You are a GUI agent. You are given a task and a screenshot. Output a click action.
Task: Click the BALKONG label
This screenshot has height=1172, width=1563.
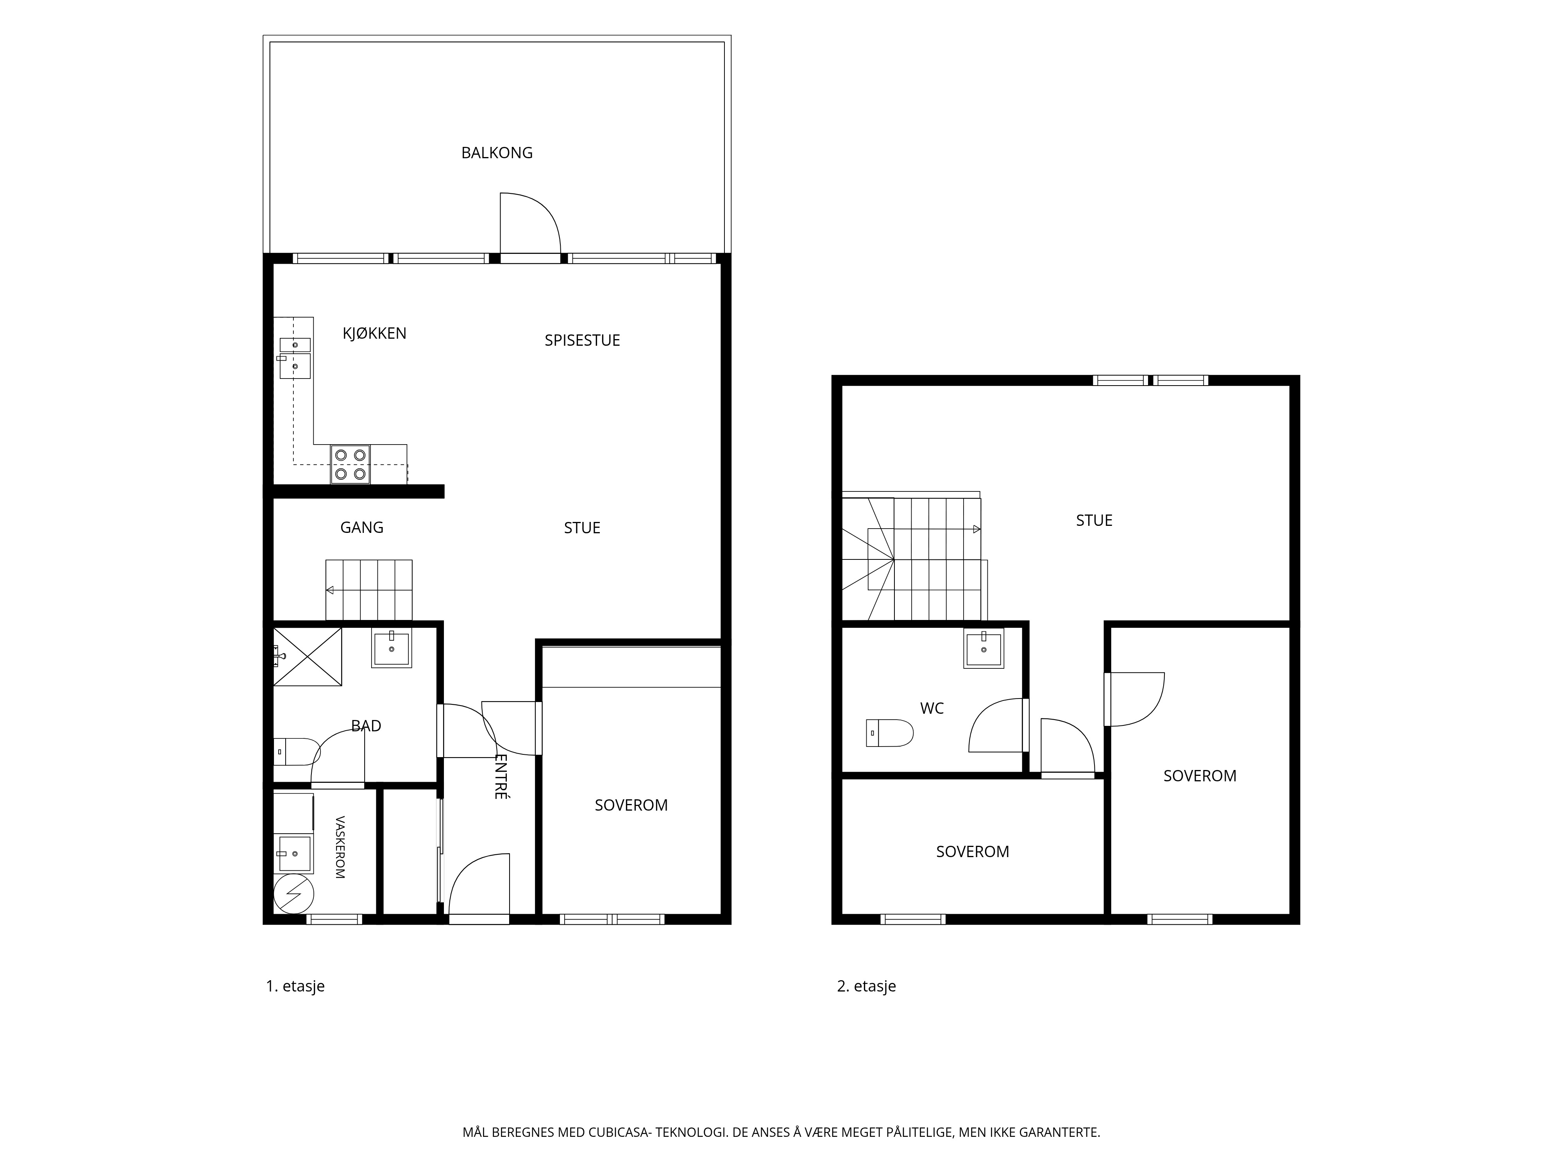tap(497, 153)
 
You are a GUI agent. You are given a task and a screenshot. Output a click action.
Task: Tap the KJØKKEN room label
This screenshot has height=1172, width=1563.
tap(374, 334)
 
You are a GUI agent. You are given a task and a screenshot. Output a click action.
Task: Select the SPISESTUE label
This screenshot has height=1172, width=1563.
tap(582, 341)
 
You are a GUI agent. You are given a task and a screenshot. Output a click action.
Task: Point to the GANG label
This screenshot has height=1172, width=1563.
tap(362, 528)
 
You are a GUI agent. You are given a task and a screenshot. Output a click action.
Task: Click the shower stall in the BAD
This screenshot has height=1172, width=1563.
tap(308, 656)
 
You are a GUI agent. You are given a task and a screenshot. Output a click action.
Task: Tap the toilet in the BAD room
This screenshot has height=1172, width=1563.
tap(297, 751)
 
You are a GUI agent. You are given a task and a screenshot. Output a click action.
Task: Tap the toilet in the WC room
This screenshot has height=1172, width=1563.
tap(890, 733)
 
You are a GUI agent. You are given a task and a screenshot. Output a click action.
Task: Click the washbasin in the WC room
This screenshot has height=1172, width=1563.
tap(984, 649)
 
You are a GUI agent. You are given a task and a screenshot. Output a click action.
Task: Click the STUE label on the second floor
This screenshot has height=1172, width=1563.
tap(1094, 521)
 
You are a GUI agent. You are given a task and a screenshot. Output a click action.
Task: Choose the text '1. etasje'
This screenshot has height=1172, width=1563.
tap(295, 986)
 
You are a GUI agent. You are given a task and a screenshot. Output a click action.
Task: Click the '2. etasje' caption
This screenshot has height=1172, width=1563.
tap(866, 986)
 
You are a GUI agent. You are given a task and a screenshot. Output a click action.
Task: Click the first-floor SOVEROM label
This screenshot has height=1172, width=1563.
tap(631, 805)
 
